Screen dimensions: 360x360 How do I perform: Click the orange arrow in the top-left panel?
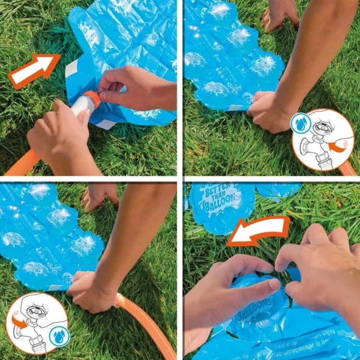pos(34,70)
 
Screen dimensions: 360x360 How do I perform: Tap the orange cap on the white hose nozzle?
pos(91,99)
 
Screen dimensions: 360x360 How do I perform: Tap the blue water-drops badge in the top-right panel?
pos(301,124)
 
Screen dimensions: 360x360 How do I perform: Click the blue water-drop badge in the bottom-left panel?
pos(59,336)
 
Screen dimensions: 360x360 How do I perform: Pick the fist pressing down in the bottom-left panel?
pos(90,291)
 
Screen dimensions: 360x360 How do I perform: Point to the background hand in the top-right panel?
pos(280,15)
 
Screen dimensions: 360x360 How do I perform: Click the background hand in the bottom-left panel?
pos(100,195)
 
